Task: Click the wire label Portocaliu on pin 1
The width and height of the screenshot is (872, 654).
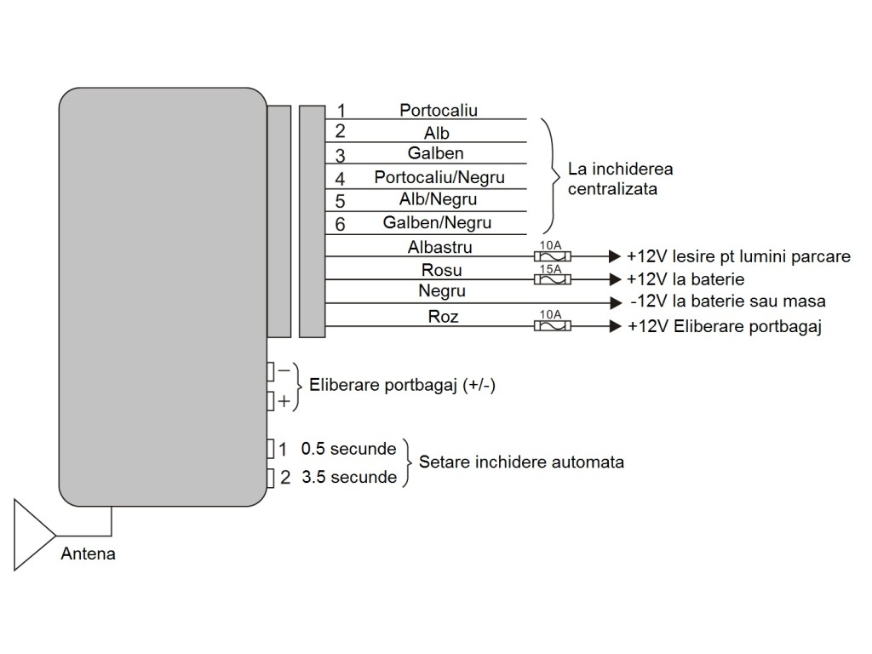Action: (x=439, y=110)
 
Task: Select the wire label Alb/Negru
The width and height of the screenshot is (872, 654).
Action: (x=438, y=199)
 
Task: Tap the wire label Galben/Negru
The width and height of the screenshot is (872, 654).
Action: (x=437, y=222)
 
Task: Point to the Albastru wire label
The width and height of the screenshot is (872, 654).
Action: (x=440, y=247)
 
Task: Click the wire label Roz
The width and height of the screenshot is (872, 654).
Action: (x=443, y=317)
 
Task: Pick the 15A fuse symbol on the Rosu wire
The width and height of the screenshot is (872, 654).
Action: (x=552, y=278)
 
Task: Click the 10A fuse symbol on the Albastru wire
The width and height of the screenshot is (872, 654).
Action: (x=552, y=256)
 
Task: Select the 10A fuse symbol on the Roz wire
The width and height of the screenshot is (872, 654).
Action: (x=552, y=326)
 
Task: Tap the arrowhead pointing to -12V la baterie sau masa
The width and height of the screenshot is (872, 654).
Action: (x=615, y=302)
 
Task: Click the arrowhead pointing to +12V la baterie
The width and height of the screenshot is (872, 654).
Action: (x=615, y=278)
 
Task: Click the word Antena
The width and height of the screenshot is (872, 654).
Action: (x=88, y=554)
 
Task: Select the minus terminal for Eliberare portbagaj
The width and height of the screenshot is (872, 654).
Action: (x=270, y=371)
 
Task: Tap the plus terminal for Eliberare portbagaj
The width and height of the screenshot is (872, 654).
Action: (x=270, y=400)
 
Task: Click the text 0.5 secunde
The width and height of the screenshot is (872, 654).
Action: (x=348, y=449)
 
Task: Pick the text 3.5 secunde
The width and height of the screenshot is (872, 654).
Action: (x=349, y=477)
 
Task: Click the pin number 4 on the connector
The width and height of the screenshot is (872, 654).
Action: (x=340, y=179)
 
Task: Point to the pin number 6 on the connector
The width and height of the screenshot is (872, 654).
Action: (x=340, y=224)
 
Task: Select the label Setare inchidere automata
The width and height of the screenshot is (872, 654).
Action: (x=521, y=462)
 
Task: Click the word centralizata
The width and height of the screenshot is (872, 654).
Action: (x=612, y=189)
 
